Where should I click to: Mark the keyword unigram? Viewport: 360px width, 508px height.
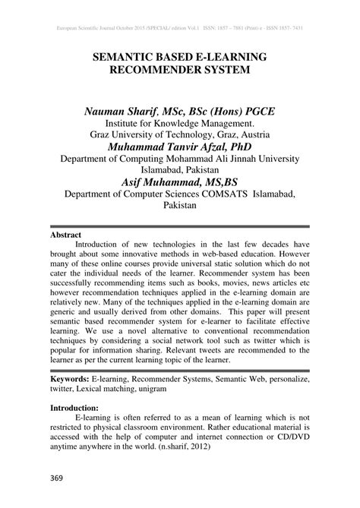tap(172, 389)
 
